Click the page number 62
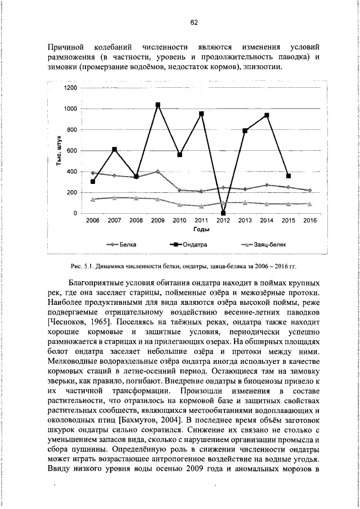(193, 22)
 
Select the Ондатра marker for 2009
(158, 105)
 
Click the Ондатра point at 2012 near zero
(223, 213)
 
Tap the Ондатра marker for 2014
(267, 115)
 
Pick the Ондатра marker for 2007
(115, 150)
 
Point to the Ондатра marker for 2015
(289, 176)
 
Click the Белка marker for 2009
(158, 172)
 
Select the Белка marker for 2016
(310, 190)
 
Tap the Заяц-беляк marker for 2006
(93, 199)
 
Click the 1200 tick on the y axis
(70, 88)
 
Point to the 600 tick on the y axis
(72, 151)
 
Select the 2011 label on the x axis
(201, 221)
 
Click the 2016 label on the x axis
(310, 221)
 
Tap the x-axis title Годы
(201, 230)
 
